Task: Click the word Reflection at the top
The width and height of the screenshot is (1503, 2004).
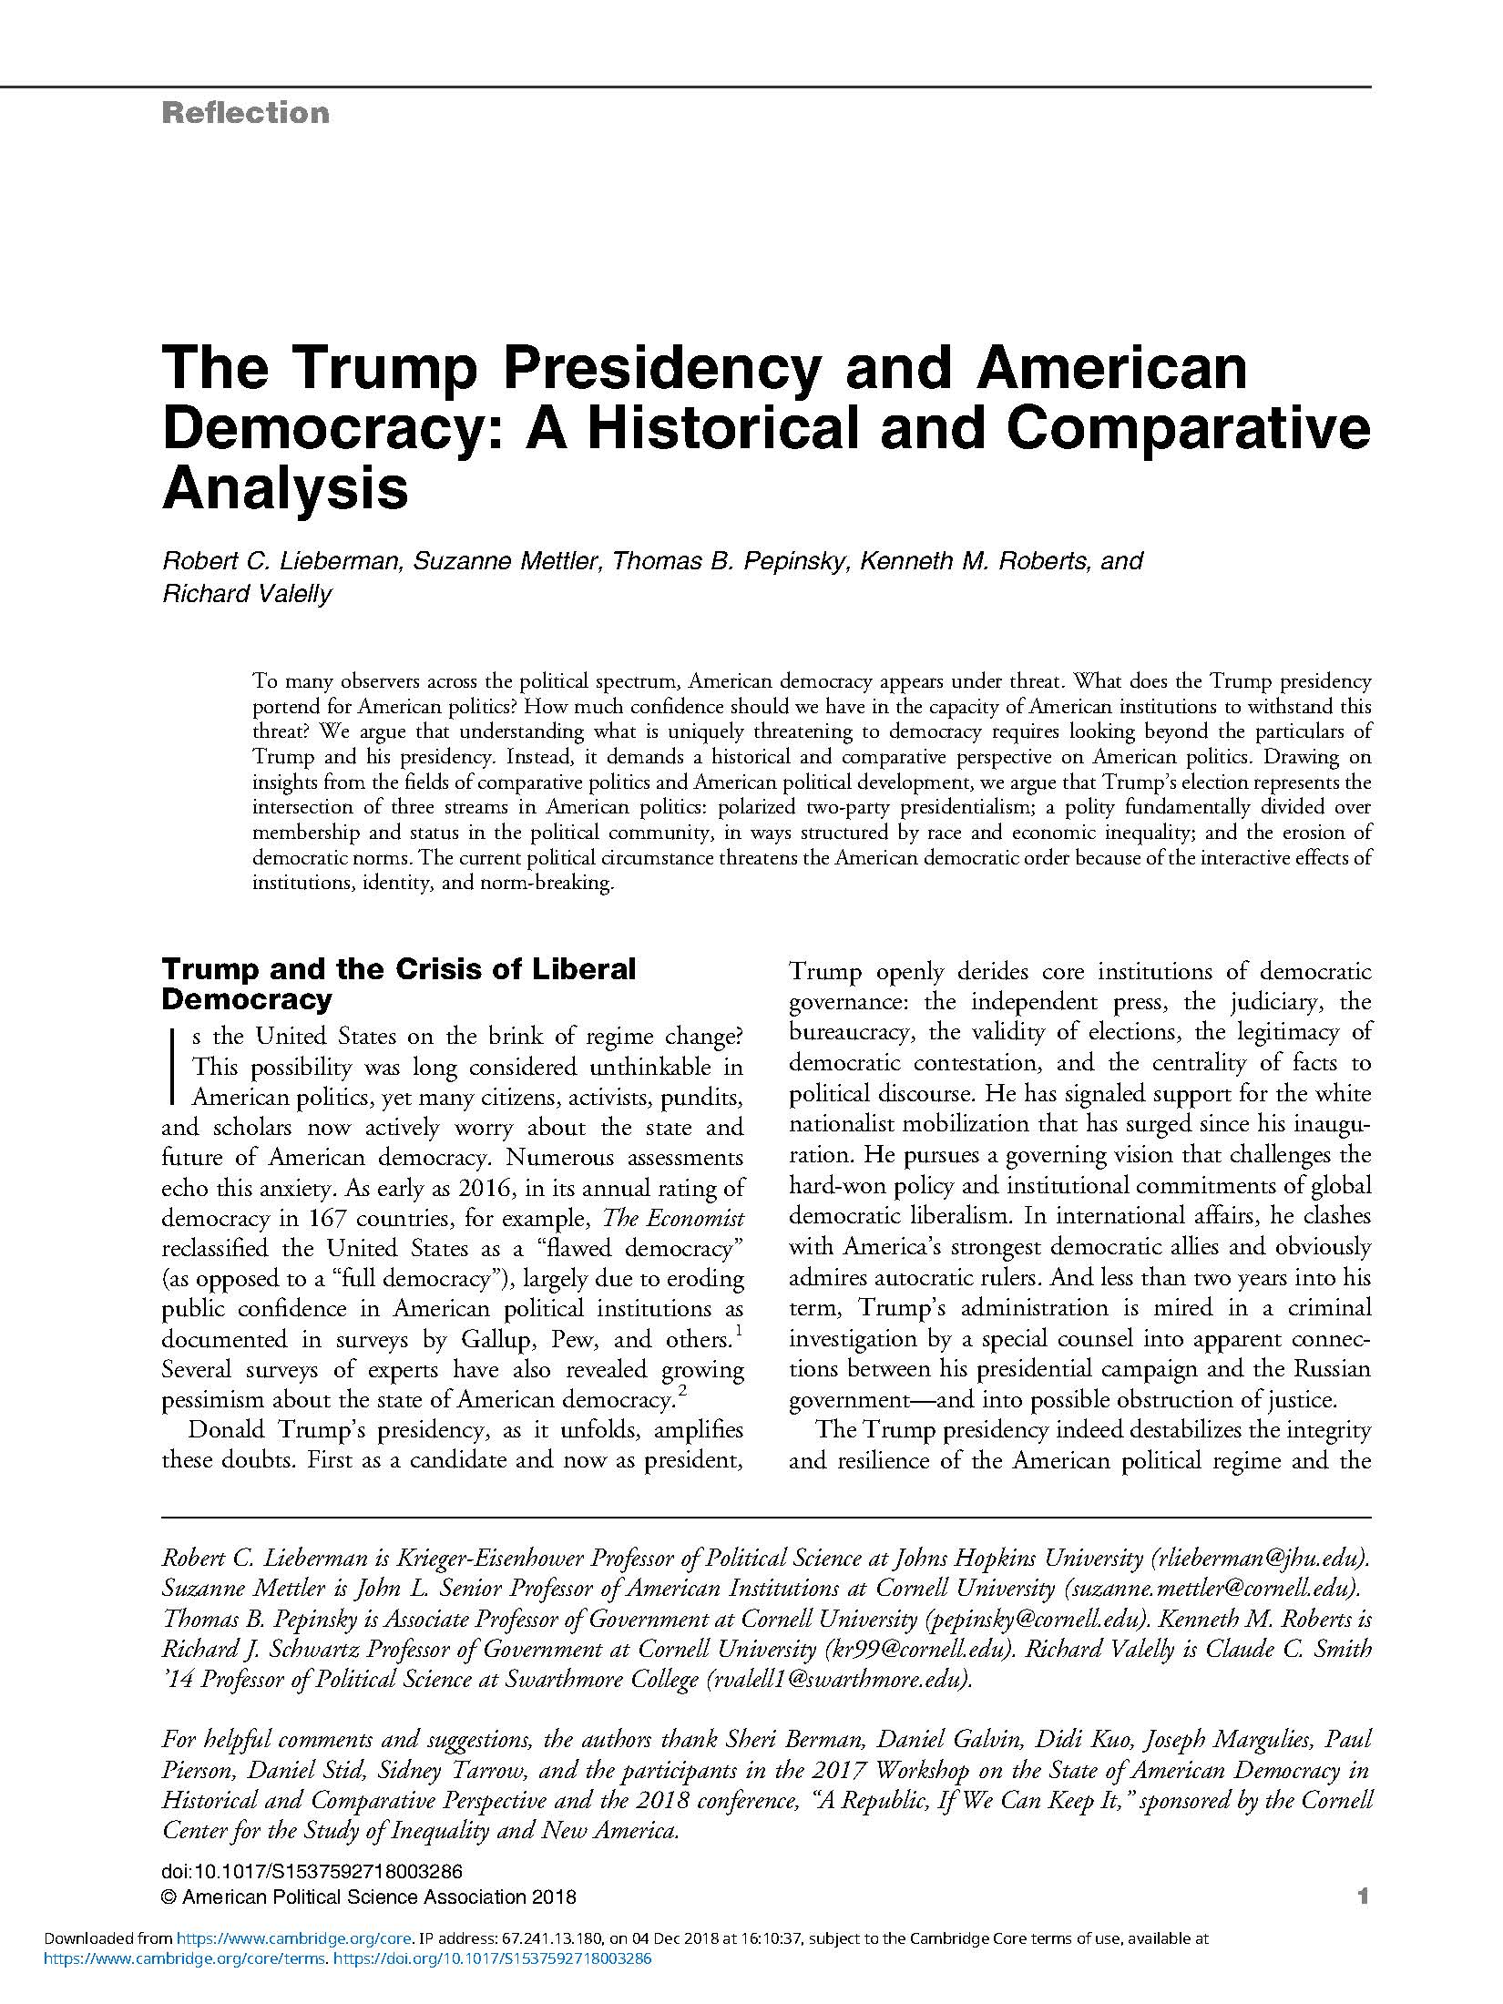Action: point(245,113)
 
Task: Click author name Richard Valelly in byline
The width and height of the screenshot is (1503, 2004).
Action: point(247,594)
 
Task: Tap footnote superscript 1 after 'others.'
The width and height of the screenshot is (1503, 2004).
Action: point(738,1333)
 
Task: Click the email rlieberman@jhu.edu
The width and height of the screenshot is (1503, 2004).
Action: point(1261,1558)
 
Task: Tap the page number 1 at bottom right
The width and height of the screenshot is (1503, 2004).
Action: point(1363,1897)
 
